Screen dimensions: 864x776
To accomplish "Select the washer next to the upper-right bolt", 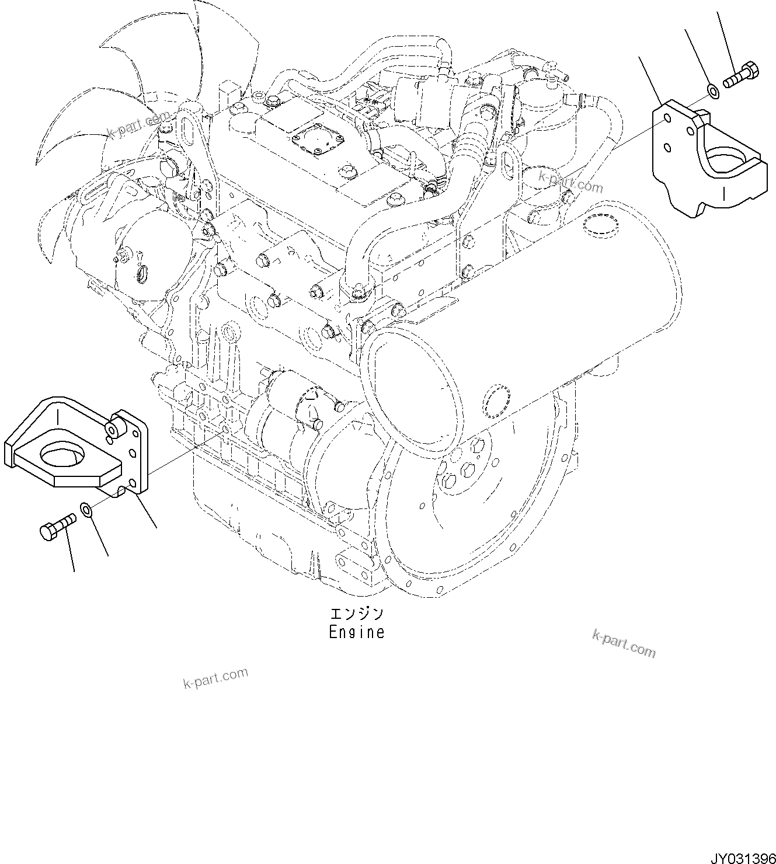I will pyautogui.click(x=712, y=90).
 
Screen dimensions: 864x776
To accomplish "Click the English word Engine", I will pyautogui.click(x=356, y=632).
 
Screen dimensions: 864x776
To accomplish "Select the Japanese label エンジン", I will pyautogui.click(x=356, y=614).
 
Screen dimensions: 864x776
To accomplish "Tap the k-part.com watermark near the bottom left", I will pyautogui.click(x=215, y=678).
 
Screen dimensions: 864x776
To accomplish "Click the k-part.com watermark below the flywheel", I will pyautogui.click(x=624, y=643).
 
